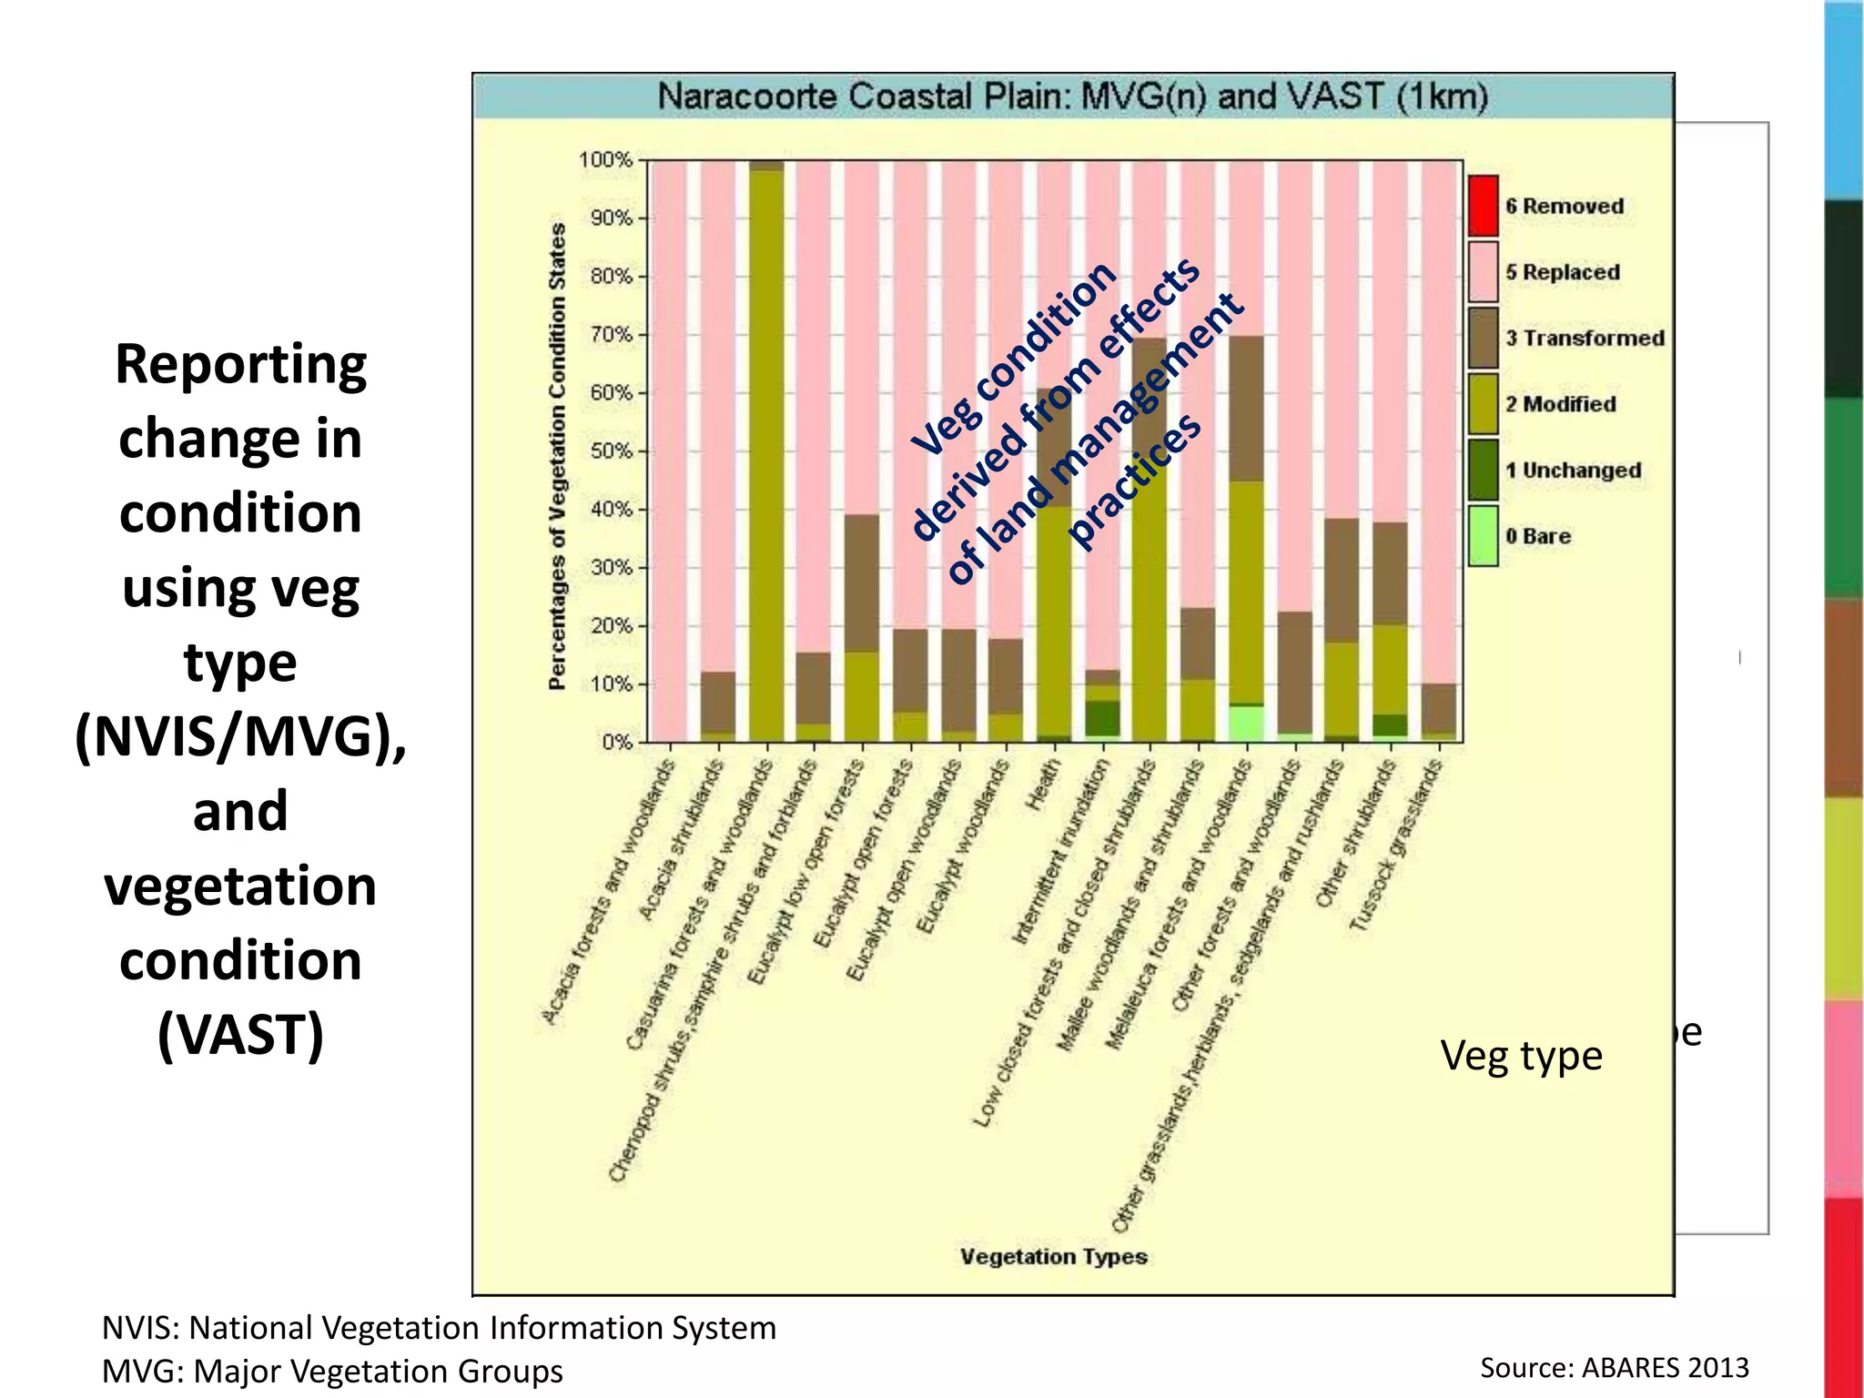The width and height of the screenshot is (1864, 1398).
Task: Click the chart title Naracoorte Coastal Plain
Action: coord(1072,96)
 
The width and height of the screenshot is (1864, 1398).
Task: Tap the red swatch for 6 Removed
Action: coord(1483,206)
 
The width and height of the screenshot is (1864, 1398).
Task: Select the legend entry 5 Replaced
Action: coord(1562,272)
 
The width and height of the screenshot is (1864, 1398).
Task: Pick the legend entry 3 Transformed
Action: coord(1584,339)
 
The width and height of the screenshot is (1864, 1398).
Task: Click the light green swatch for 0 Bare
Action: coord(1483,536)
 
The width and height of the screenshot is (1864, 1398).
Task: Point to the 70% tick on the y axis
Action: coord(611,335)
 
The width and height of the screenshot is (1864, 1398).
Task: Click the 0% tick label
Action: coord(616,743)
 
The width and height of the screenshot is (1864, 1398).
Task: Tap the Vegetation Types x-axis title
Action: coord(1053,1257)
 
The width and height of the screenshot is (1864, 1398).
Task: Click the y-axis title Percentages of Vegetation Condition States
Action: coord(557,455)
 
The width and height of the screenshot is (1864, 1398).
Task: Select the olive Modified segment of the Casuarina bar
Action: coord(766,455)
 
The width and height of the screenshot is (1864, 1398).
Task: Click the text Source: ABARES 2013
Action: coord(1614,1367)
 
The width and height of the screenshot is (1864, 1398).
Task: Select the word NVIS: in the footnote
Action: coord(140,1328)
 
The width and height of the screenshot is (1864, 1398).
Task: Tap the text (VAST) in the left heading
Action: coord(240,1035)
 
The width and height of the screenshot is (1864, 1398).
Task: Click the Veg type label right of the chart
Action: coord(1521,1056)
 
